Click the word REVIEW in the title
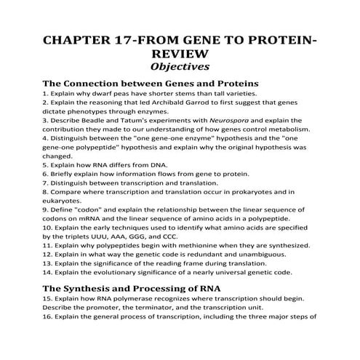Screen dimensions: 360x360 point(180,55)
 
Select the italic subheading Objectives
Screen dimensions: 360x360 point(180,69)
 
